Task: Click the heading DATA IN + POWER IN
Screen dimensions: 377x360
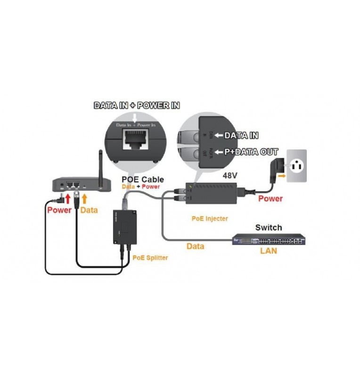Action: tap(137, 106)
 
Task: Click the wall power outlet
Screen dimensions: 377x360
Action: tap(297, 166)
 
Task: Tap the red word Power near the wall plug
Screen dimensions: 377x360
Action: tap(270, 198)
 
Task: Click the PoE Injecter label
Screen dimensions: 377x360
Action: tap(210, 218)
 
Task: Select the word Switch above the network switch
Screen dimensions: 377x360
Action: tap(269, 228)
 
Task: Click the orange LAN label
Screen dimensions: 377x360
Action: tap(269, 251)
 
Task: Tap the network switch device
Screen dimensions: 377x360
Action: tap(269, 240)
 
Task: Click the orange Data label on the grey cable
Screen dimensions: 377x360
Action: tap(196, 246)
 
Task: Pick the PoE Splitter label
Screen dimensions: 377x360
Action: tap(150, 258)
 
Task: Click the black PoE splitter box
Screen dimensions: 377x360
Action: tap(124, 227)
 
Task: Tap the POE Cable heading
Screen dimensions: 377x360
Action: tap(143, 180)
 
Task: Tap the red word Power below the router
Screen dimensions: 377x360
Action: tap(59, 210)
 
